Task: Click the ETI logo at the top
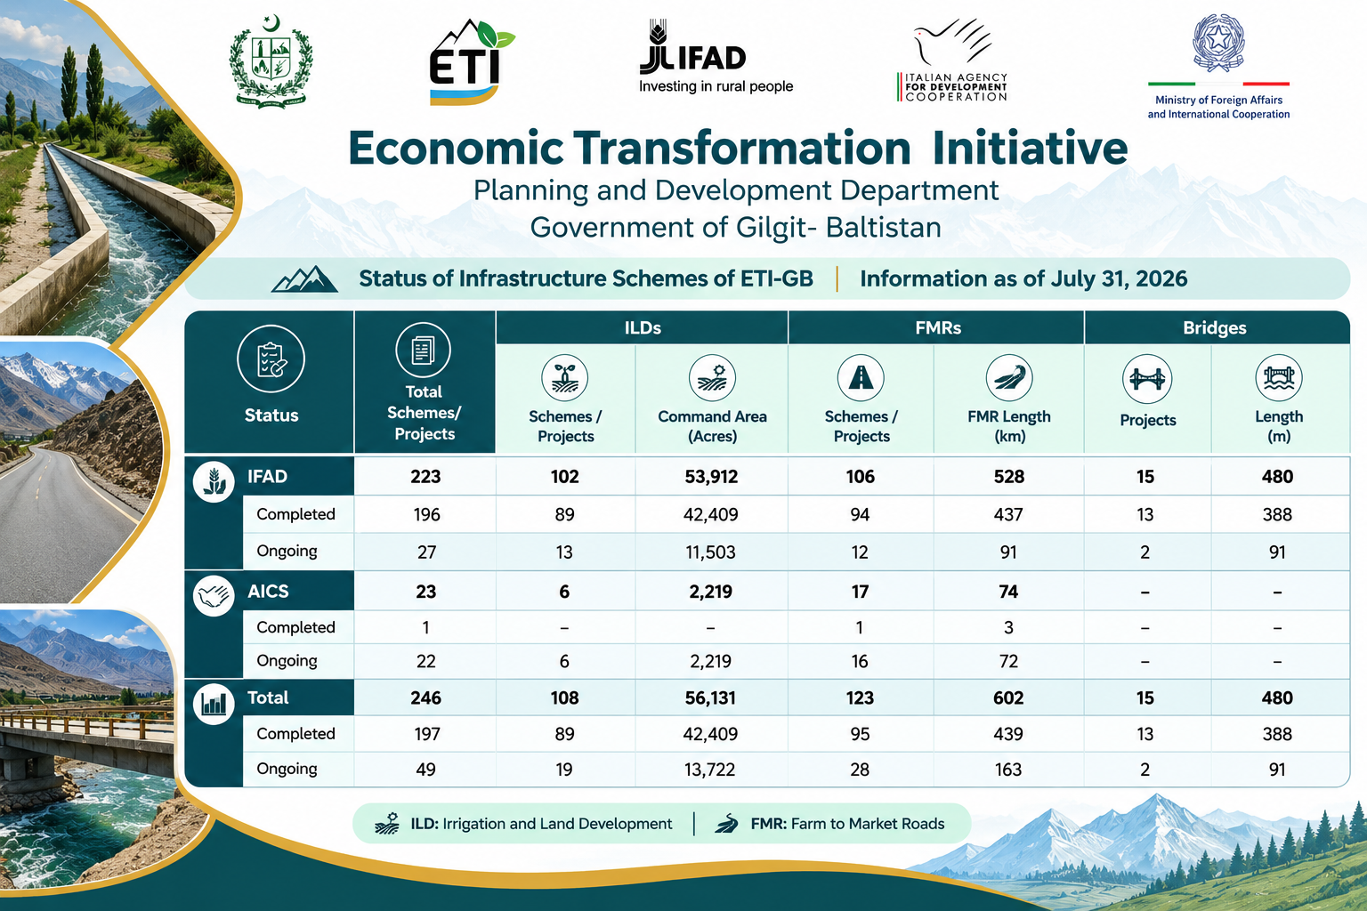tap(471, 62)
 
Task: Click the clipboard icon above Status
tap(271, 359)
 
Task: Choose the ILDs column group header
tap(642, 327)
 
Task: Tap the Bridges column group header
tap(1215, 327)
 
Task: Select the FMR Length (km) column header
tap(1008, 426)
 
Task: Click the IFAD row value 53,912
tap(711, 477)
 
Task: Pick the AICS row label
tap(268, 592)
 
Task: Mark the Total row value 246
tap(425, 697)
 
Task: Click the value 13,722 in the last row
tap(709, 770)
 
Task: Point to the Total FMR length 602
tap(1008, 697)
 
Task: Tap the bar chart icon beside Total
tap(214, 704)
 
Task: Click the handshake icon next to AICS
tap(214, 595)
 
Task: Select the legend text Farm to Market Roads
tap(867, 824)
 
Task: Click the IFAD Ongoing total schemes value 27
tap(426, 552)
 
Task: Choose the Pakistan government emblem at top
tap(271, 63)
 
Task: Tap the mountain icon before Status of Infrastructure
tap(304, 279)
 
